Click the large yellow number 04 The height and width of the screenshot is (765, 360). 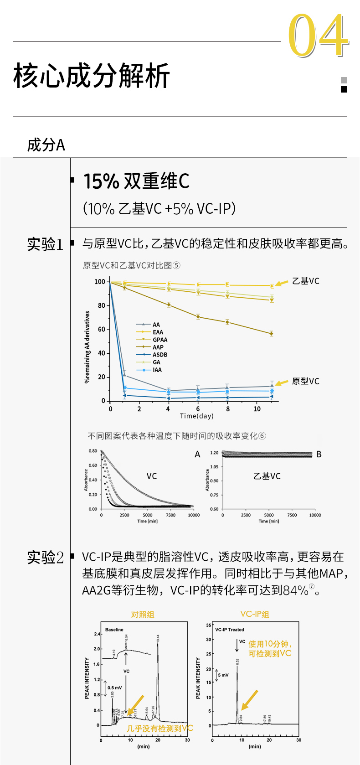[318, 36]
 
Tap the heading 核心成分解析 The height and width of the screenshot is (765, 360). [92, 76]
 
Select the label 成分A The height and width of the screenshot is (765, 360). [46, 145]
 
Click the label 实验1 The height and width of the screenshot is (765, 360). [45, 244]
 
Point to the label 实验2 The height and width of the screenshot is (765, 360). [45, 557]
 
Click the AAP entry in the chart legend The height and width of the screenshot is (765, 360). [158, 347]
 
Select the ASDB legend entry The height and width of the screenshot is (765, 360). [159, 355]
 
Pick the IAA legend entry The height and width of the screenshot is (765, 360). [157, 370]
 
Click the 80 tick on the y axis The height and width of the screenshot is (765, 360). [101, 305]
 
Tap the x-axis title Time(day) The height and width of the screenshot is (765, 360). [196, 416]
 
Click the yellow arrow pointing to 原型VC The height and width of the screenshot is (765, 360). [282, 382]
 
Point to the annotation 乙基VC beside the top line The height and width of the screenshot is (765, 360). [305, 281]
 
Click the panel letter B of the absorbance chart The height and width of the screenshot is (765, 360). [319, 454]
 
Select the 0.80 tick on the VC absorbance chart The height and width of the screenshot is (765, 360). [93, 451]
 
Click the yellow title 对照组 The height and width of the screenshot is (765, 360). [143, 615]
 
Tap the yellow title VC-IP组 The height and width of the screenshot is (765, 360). [255, 615]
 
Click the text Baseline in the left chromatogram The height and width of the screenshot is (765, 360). [114, 630]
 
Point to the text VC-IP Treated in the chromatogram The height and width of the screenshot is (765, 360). [230, 630]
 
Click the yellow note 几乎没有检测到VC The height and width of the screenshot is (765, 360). [160, 729]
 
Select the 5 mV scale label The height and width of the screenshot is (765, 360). [223, 675]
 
